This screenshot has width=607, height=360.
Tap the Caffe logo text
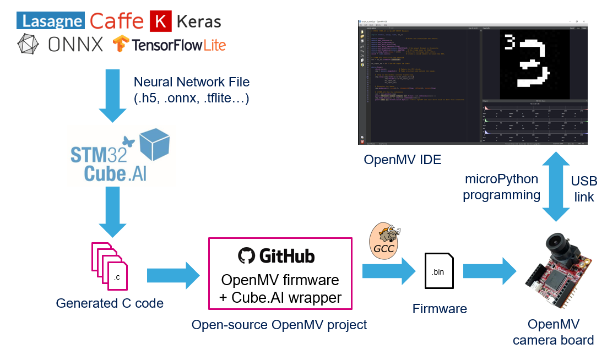click(x=116, y=21)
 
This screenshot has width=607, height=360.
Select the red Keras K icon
click(x=160, y=21)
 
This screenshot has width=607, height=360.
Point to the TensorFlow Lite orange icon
click(x=121, y=44)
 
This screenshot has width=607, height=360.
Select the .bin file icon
click(x=439, y=271)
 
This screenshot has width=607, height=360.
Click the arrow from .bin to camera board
click(x=490, y=271)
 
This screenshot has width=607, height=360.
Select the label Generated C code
click(x=110, y=303)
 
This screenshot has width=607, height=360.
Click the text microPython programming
click(x=501, y=187)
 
